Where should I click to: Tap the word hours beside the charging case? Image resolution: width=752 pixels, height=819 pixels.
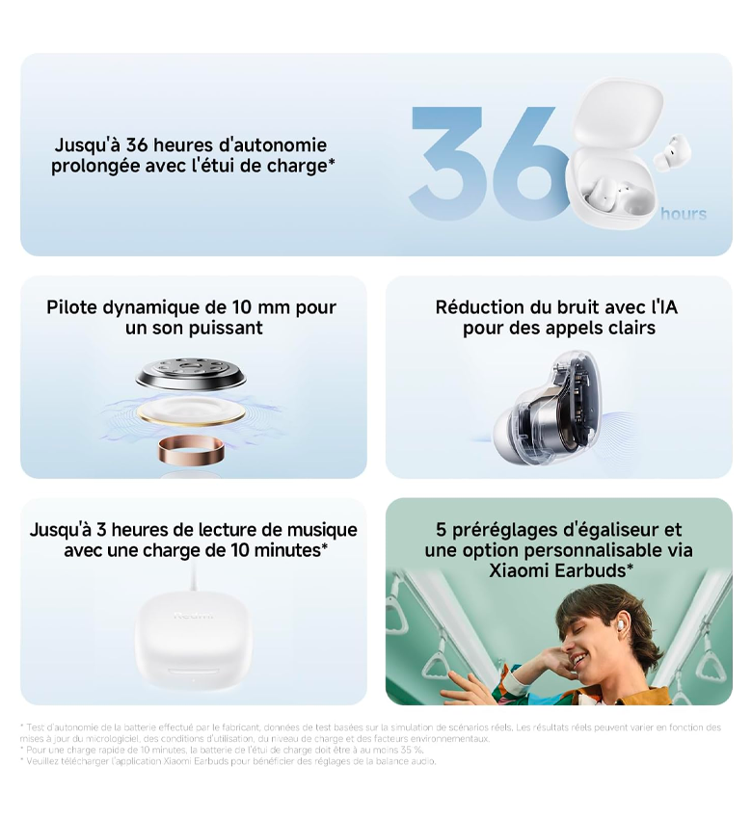point(683,214)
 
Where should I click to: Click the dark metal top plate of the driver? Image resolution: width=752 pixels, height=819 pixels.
point(191,373)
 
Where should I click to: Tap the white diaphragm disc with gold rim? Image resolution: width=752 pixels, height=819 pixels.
point(191,412)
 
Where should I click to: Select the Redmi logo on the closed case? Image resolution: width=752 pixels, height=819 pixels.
point(193,616)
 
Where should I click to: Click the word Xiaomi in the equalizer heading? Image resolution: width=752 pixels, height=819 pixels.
point(519,570)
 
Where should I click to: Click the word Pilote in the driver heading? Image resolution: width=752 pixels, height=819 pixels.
point(72,307)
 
